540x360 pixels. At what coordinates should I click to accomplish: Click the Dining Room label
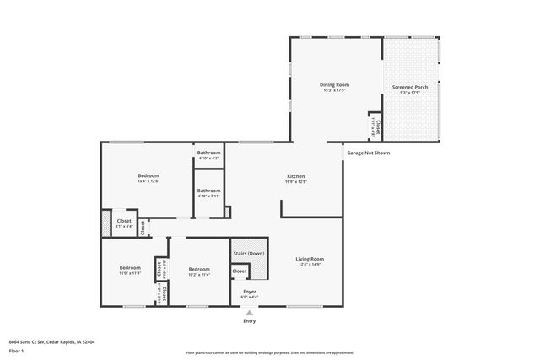click(x=334, y=84)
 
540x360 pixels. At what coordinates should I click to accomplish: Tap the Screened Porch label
click(x=410, y=86)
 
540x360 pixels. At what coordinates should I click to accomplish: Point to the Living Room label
click(x=310, y=259)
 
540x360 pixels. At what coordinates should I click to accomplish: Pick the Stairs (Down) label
click(x=249, y=253)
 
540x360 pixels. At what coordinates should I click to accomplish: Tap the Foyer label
click(x=250, y=292)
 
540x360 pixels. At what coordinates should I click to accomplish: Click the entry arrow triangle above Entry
click(x=250, y=312)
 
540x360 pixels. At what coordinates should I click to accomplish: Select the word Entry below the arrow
click(x=250, y=321)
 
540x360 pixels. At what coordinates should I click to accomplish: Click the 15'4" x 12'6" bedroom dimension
click(x=148, y=181)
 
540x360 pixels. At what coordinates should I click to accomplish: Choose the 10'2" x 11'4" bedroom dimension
click(x=199, y=274)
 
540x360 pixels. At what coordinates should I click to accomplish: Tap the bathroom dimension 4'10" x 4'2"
click(x=208, y=159)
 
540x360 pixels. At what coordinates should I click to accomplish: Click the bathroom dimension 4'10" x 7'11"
click(x=208, y=196)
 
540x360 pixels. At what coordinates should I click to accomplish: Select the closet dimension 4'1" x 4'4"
click(x=124, y=226)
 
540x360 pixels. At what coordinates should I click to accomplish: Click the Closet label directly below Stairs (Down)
click(x=240, y=271)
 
